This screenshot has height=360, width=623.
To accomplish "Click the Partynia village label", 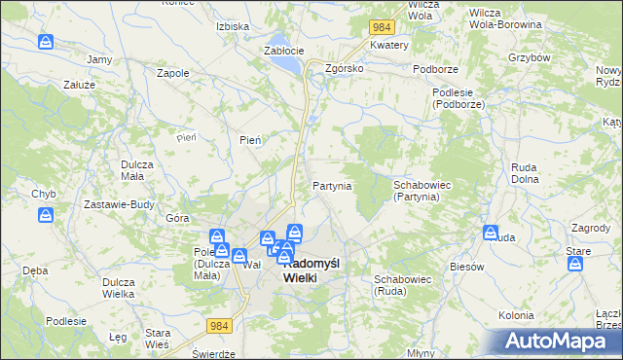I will [x=331, y=186].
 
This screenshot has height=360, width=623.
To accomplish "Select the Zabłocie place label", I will [x=284, y=51].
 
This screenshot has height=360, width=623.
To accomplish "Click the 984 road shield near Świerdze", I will [x=218, y=329].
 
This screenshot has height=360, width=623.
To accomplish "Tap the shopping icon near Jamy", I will [x=46, y=43].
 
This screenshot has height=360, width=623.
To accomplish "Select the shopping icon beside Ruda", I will [x=491, y=233].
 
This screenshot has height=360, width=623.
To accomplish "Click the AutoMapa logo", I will [x=556, y=341].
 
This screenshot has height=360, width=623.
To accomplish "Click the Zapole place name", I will [x=172, y=72].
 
